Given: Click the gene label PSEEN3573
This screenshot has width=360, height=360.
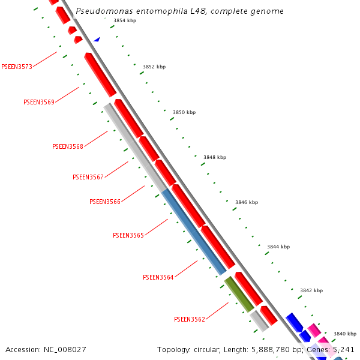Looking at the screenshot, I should tap(17, 67).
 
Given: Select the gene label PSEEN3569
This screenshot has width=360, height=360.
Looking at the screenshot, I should tap(39, 102).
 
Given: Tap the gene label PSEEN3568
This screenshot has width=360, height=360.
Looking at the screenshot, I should tap(68, 146).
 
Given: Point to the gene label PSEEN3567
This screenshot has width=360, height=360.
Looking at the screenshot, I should tap(88, 177).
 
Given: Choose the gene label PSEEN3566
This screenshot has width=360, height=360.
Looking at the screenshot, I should tap(105, 202).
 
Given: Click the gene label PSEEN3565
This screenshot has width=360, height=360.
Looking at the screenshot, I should tap(128, 235).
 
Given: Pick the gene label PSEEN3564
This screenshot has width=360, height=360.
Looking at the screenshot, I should tap(158, 277).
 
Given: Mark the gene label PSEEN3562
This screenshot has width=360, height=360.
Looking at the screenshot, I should tap(190, 319).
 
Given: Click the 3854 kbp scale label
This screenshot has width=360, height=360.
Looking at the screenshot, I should tap(125, 20).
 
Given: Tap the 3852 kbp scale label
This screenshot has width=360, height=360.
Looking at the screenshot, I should tap(154, 67).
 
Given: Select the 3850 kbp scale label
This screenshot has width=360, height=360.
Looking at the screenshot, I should tap(184, 112).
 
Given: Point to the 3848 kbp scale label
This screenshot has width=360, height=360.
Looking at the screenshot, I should tap(215, 157).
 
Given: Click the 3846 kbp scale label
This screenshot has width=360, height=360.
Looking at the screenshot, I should tap(247, 202).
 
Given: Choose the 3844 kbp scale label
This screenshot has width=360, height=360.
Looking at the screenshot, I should tap(278, 247).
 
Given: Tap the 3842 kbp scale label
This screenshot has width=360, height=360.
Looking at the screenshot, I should tap(311, 290).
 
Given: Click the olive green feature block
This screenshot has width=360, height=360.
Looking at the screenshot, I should tap(239, 294).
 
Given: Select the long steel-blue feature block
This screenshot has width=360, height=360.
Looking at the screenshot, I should tap(194, 231).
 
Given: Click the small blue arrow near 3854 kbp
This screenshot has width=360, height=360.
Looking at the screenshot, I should tap(97, 39).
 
